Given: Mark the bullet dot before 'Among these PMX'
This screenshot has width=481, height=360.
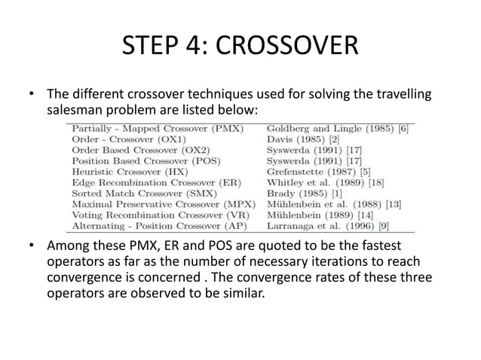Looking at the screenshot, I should click(x=32, y=248).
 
